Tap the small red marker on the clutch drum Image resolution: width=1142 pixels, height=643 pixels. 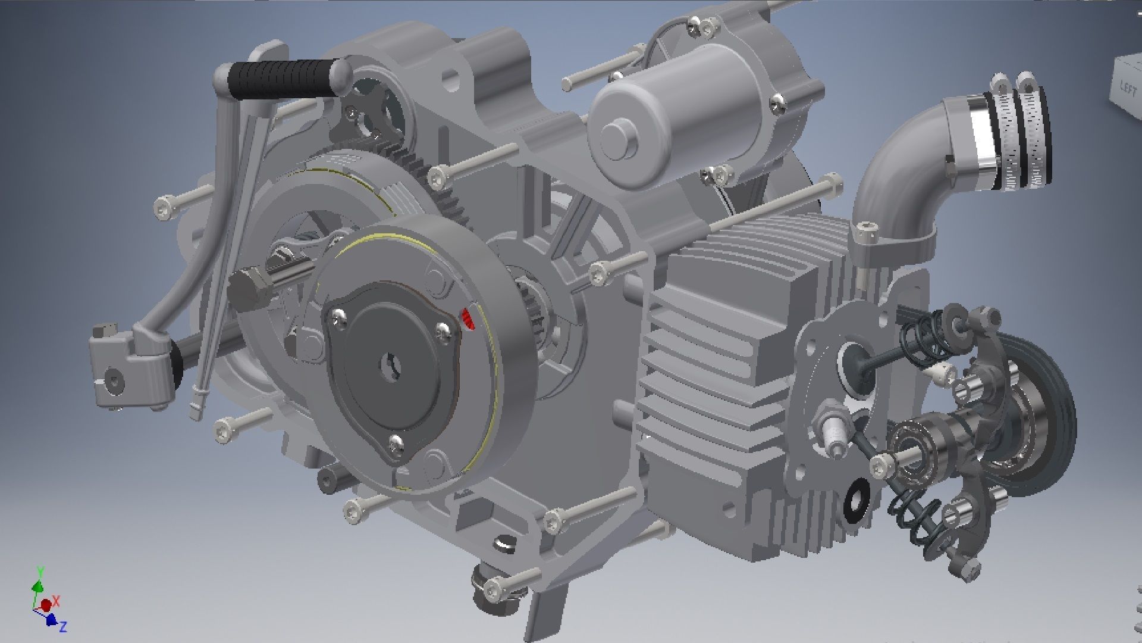[x=468, y=319]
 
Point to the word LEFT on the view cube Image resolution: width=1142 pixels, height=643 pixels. [x=1128, y=88]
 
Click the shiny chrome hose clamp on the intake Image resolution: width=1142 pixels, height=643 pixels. [x=981, y=143]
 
